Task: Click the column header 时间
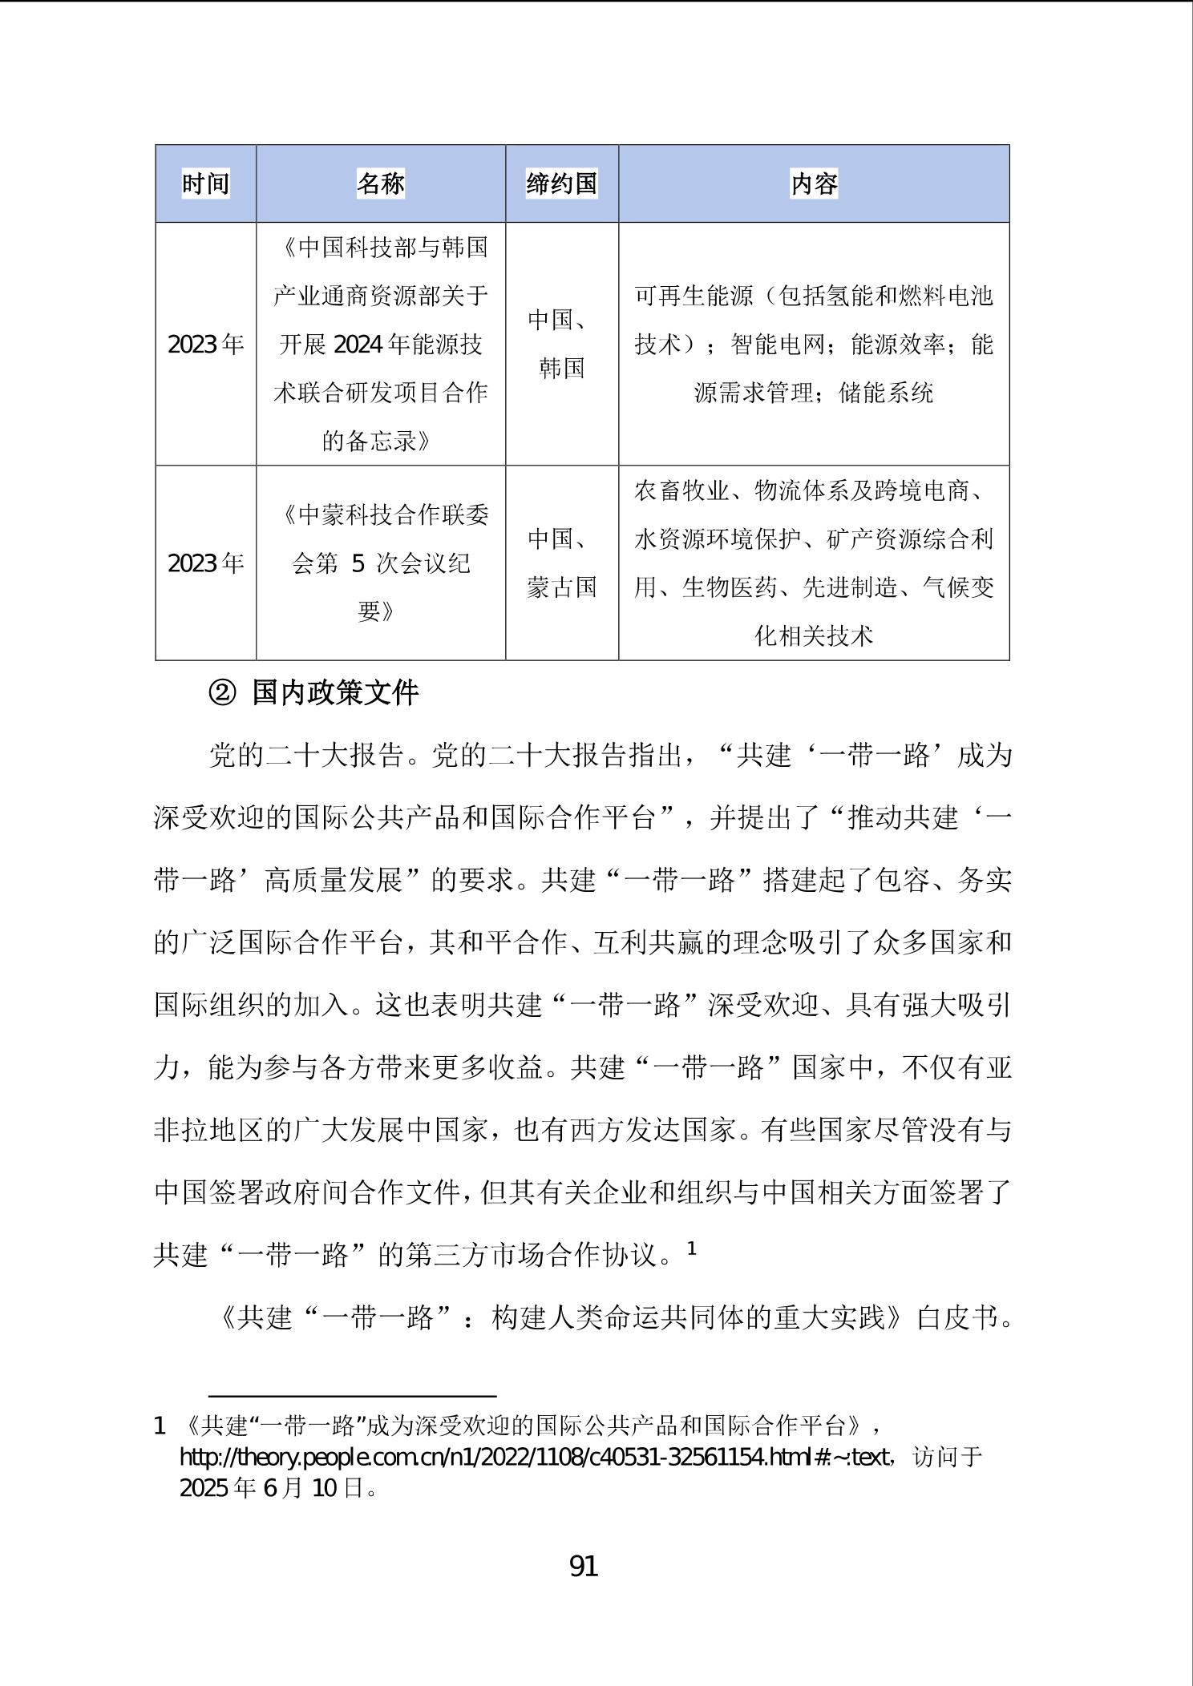click(205, 184)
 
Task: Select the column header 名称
click(380, 184)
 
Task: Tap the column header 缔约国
click(561, 184)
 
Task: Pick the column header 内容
click(814, 184)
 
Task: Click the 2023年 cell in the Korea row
click(205, 345)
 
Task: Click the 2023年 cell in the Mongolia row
click(205, 563)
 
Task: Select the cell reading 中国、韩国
click(561, 345)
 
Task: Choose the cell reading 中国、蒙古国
click(561, 563)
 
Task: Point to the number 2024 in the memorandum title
click(358, 345)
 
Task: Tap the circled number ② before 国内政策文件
click(222, 693)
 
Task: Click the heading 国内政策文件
click(335, 693)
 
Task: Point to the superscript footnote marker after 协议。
click(692, 1248)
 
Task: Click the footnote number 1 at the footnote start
click(160, 1426)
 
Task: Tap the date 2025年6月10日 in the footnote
click(277, 1488)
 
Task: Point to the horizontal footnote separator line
click(352, 1395)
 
